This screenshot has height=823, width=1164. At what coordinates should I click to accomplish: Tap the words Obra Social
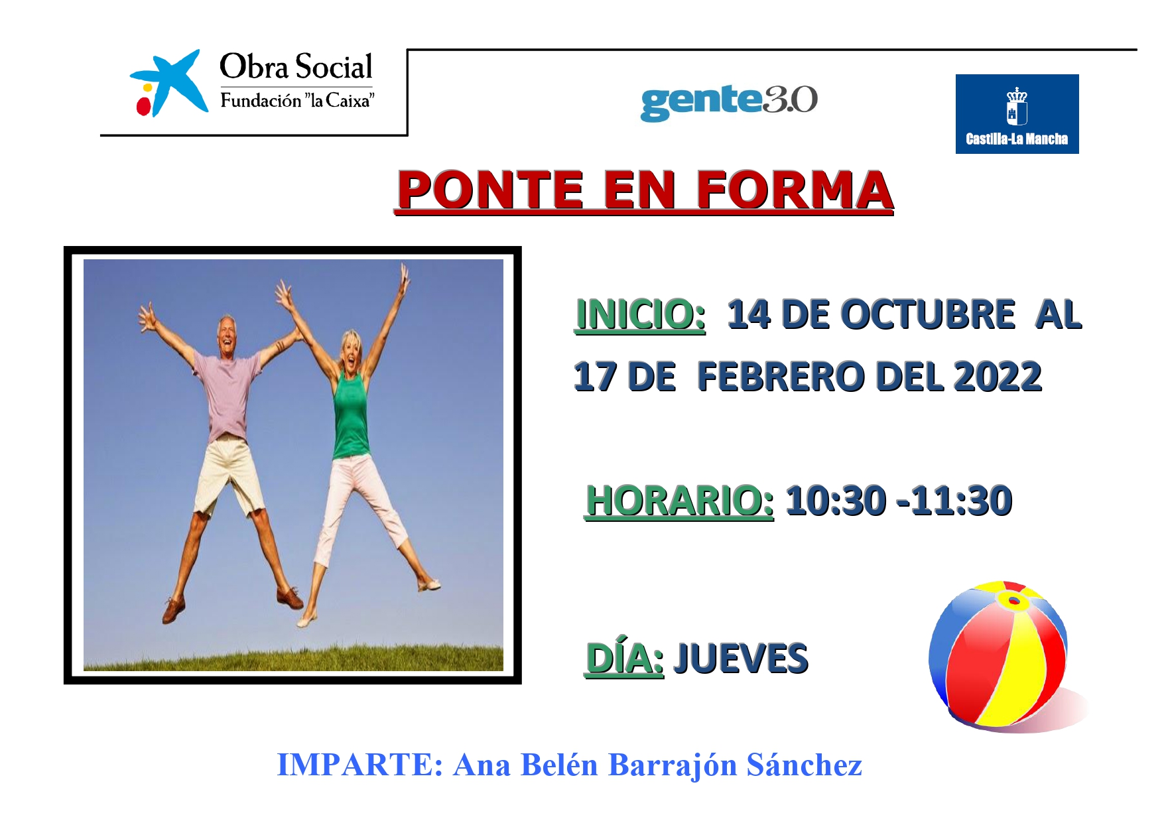[296, 66]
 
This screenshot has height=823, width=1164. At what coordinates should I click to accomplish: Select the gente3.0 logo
[728, 101]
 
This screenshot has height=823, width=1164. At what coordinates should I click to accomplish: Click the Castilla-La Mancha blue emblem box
[1017, 114]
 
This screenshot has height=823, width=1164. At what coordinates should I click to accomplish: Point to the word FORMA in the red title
[794, 190]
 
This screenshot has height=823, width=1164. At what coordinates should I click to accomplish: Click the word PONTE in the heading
[489, 190]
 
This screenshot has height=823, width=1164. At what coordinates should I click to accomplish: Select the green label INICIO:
[640, 314]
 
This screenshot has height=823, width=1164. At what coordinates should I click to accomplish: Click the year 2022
[998, 377]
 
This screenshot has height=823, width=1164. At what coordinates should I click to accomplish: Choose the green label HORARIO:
[679, 501]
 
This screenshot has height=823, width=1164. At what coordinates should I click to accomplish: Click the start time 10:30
[836, 501]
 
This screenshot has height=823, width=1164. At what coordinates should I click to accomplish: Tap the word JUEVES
[741, 659]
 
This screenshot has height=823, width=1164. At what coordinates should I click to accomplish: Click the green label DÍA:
[624, 659]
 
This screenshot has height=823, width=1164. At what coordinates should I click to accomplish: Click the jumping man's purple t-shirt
[229, 395]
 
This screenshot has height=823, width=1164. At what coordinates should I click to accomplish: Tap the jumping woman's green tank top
[350, 416]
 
